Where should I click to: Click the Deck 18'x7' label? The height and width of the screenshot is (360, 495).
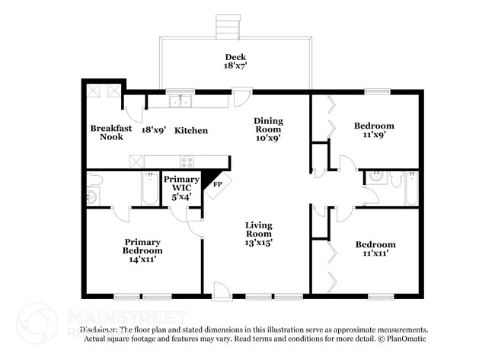click(x=235, y=62)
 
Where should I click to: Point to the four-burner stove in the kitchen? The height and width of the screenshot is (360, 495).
click(x=187, y=161)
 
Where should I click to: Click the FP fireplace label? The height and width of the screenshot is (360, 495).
click(x=217, y=184)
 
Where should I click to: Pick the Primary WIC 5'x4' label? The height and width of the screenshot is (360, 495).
click(x=181, y=187)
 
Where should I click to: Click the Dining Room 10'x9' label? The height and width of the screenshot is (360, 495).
click(x=268, y=129)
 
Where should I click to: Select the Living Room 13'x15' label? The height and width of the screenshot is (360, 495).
click(x=259, y=234)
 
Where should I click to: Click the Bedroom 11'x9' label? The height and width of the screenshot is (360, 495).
click(x=374, y=129)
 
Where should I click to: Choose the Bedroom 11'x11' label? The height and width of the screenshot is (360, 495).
click(x=375, y=249)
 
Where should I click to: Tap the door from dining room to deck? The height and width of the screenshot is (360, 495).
click(x=241, y=97)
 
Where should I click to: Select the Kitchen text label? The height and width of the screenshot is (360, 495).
click(x=191, y=130)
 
